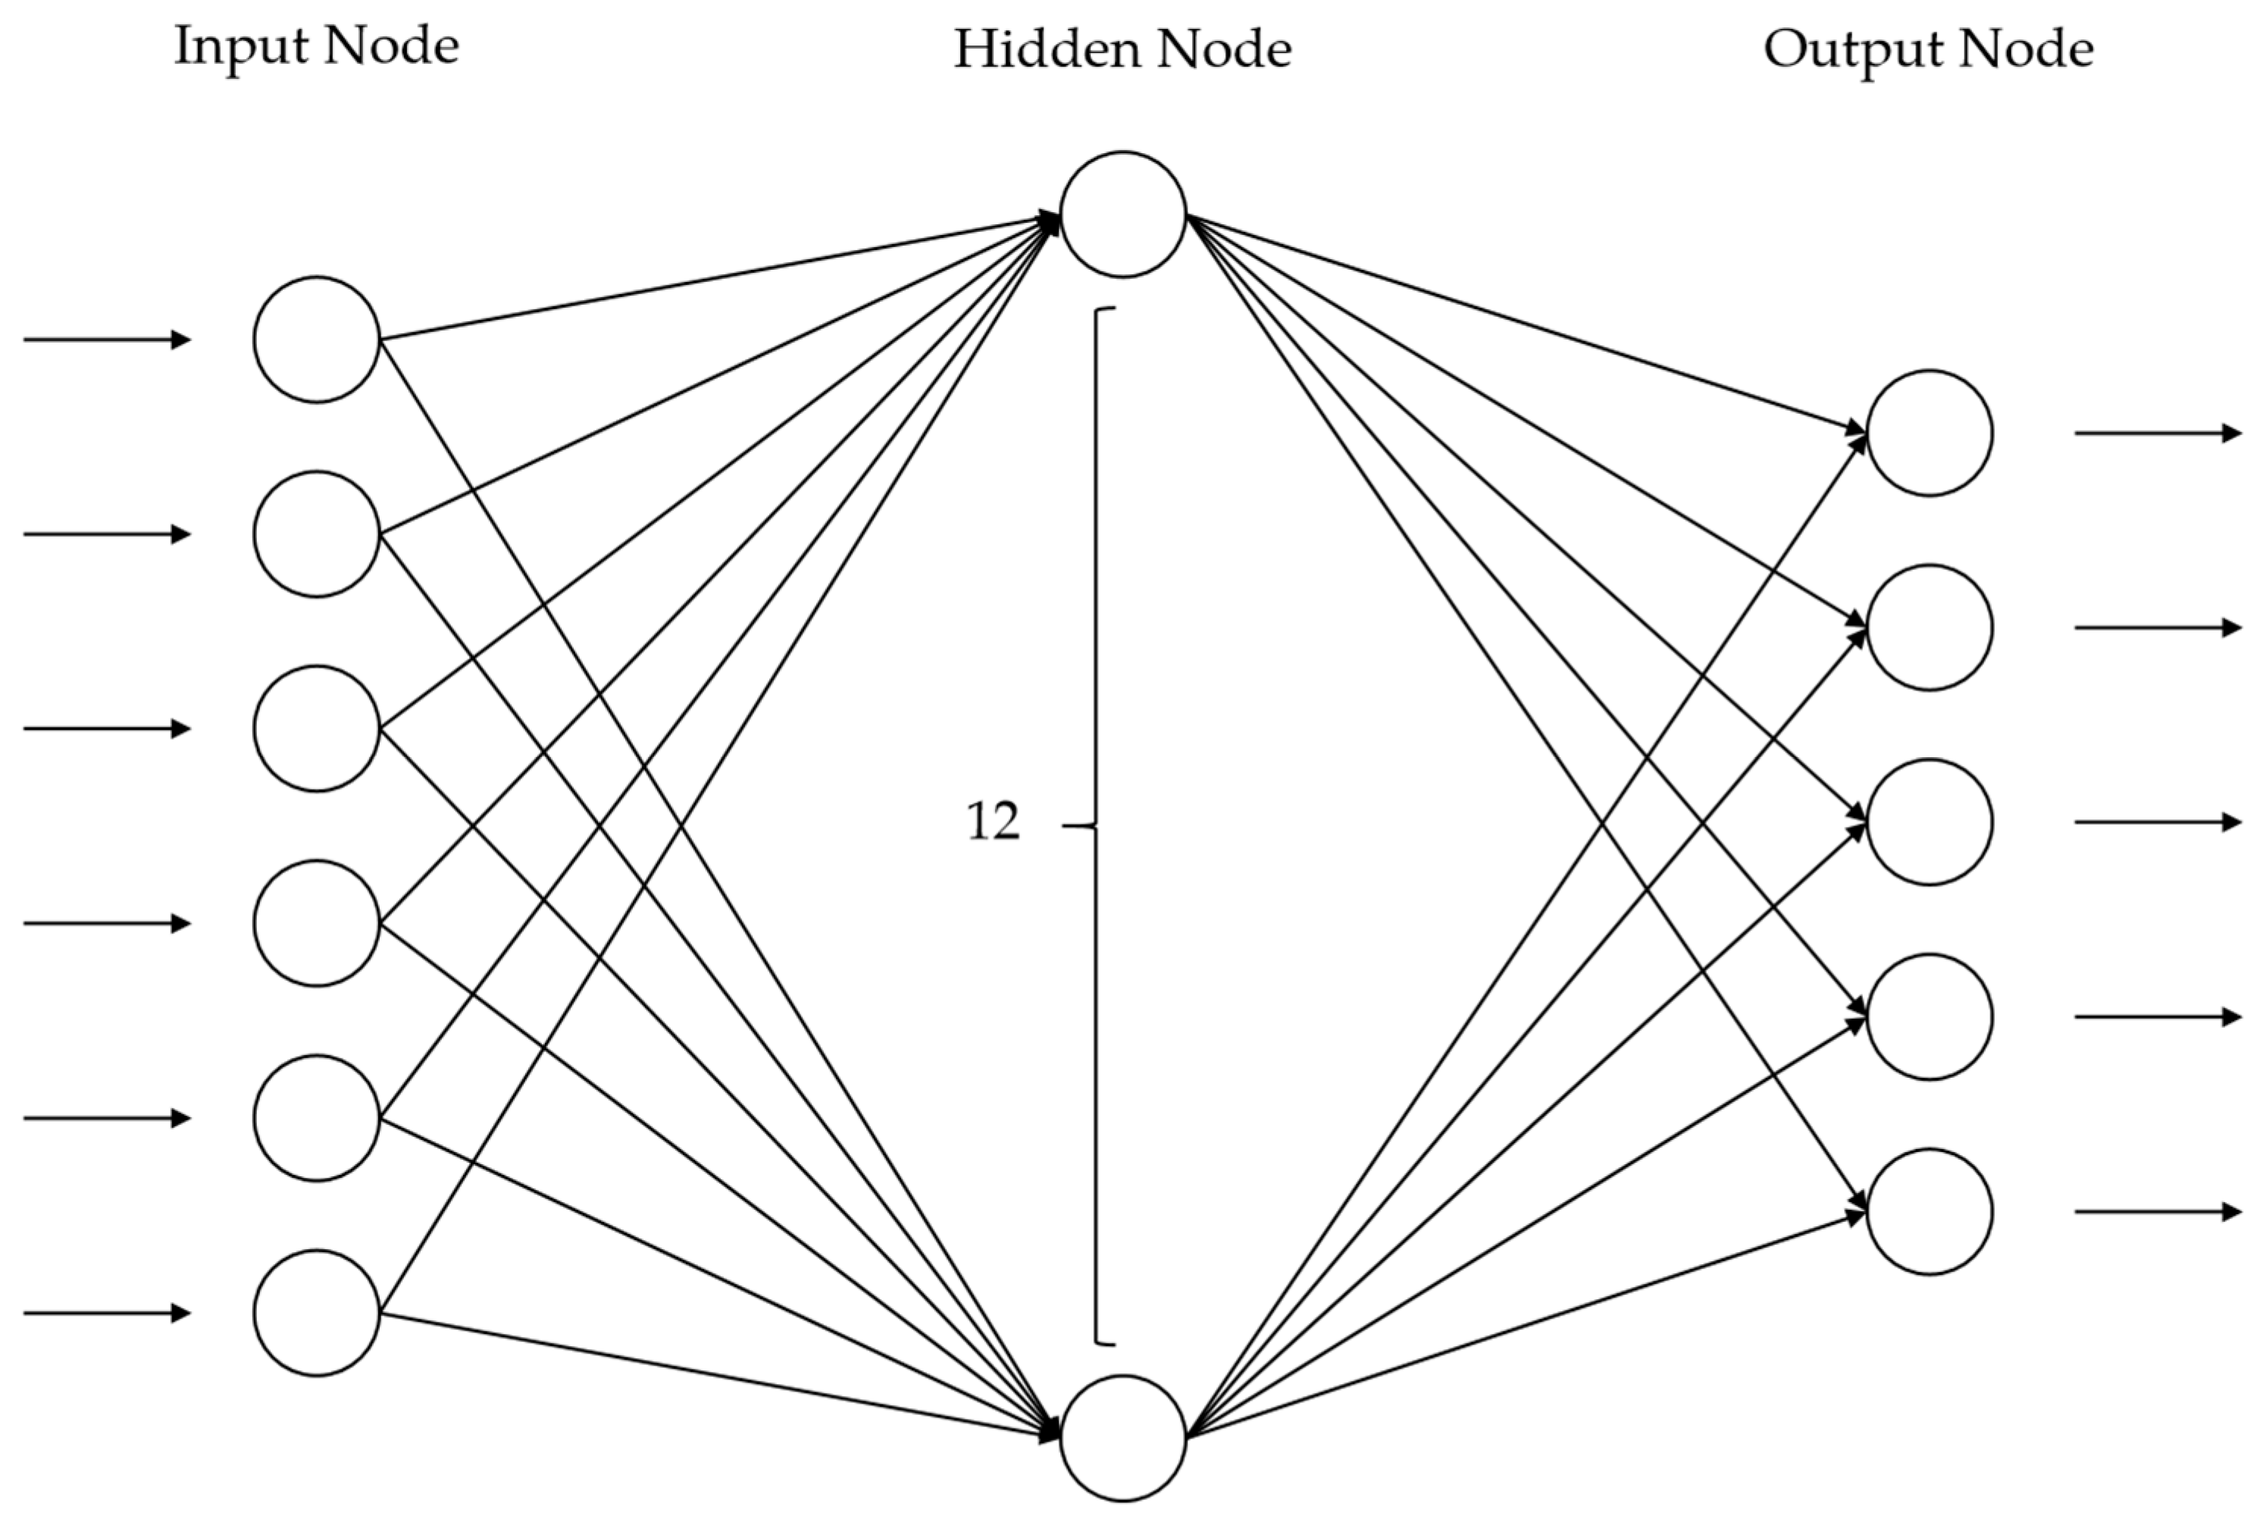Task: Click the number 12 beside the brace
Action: (992, 822)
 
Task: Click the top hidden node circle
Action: (1122, 214)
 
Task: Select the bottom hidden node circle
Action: (1122, 1438)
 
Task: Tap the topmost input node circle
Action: (316, 340)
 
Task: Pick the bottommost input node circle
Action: (316, 1313)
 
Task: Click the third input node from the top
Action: (316, 728)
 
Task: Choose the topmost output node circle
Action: (1929, 433)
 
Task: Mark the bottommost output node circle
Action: (1929, 1212)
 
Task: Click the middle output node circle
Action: (1929, 822)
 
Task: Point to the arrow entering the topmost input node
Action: (107, 340)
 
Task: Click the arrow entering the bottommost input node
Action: (107, 1313)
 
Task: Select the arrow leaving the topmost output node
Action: (2157, 433)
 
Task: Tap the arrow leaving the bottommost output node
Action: (2157, 1212)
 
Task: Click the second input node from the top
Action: (316, 534)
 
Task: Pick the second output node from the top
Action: (1929, 628)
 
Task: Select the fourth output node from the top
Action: (1929, 1016)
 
